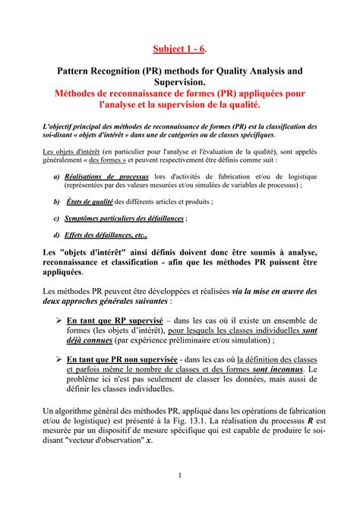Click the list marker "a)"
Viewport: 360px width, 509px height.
click(x=57, y=176)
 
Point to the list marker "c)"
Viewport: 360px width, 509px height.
click(x=57, y=219)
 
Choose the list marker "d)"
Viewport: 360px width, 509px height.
click(x=57, y=236)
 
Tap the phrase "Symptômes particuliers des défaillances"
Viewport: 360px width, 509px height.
click(x=124, y=219)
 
